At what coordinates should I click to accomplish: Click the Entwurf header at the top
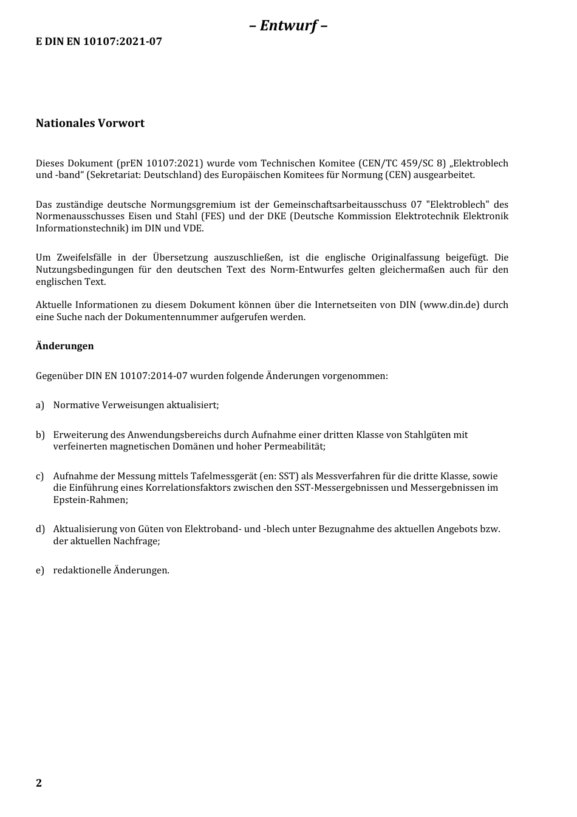coord(288,26)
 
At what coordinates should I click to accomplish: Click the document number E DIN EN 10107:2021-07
coord(99,42)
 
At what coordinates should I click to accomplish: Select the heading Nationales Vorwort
coord(90,123)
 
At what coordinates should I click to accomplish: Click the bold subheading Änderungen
coord(65,346)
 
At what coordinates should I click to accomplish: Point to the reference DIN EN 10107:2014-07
coord(136,376)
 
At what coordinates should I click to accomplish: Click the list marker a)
coord(40,405)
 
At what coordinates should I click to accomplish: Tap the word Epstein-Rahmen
coord(90,500)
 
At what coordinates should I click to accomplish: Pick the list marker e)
coord(40,570)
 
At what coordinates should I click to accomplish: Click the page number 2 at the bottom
coord(39,783)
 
